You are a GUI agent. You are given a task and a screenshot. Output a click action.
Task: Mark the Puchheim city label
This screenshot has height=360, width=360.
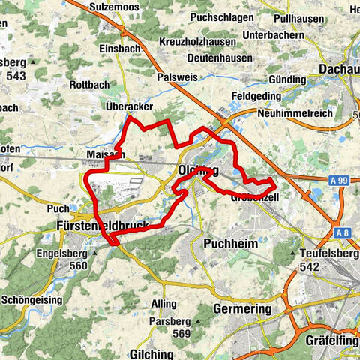pos(230,244)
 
